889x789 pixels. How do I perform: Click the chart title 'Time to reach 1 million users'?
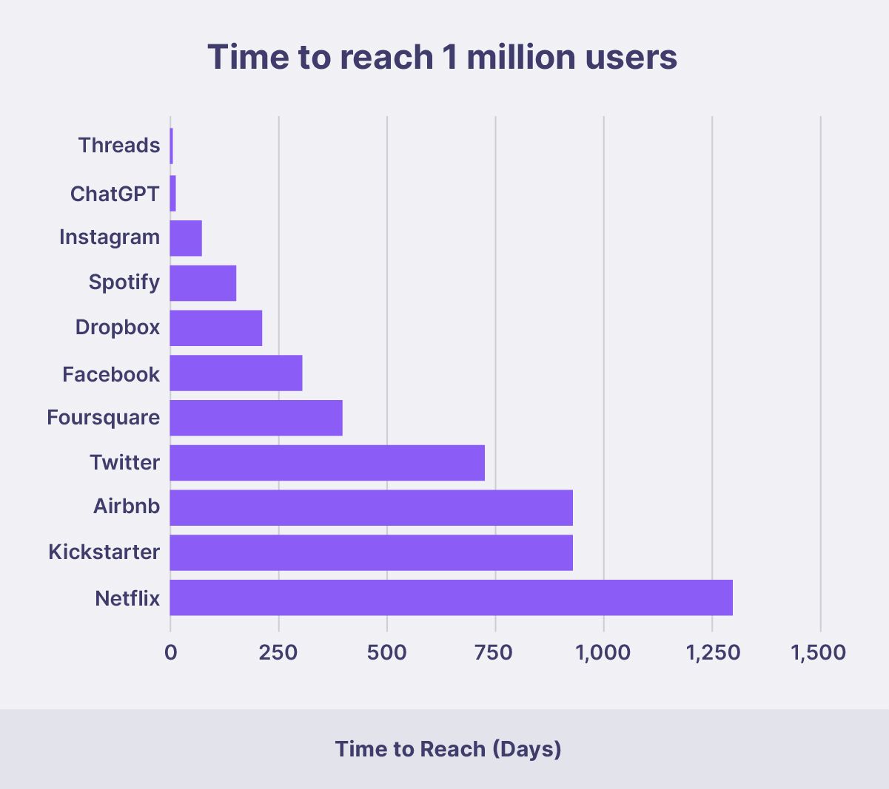point(442,57)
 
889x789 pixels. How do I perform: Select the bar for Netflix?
point(451,597)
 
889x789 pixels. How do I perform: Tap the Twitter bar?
point(327,463)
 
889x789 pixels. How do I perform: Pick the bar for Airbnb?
point(371,507)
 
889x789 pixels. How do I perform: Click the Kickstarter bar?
point(371,552)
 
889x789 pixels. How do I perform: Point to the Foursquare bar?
point(256,418)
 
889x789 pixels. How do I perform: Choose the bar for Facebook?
point(236,373)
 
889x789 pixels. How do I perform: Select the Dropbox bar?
point(216,328)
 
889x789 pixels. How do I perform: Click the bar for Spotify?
point(203,283)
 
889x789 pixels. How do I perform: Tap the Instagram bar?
point(186,238)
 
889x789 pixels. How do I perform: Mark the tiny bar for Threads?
point(172,146)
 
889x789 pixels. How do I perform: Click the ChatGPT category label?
point(115,194)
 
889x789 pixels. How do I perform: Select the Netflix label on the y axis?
point(127,597)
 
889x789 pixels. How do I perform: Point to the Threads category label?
point(119,145)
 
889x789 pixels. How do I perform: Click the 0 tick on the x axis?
point(171,652)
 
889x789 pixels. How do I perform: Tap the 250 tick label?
point(279,652)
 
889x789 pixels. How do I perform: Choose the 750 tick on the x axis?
point(495,652)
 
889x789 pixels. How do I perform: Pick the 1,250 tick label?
point(712,652)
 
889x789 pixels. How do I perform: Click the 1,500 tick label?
point(818,652)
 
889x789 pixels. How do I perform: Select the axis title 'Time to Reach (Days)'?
point(448,749)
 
